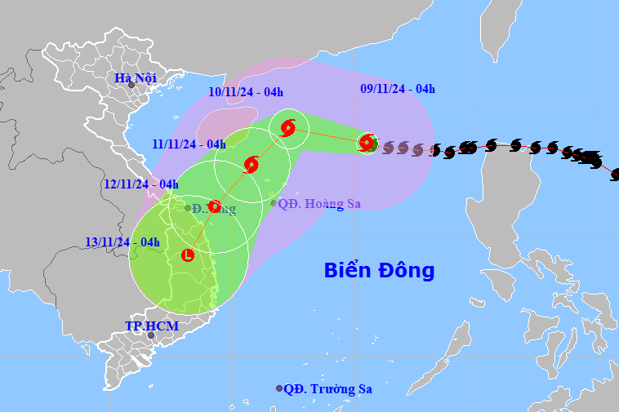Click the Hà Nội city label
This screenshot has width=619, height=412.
[135, 78]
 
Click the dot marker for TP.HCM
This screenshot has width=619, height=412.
[151, 334]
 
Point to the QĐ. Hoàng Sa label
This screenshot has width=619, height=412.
[319, 203]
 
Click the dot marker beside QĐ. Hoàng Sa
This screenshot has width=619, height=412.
[274, 203]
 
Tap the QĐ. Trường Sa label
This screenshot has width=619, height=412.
[327, 388]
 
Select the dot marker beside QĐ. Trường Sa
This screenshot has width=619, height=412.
[279, 388]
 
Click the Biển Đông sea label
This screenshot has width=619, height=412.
[379, 270]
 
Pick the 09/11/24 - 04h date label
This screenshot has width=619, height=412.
[398, 89]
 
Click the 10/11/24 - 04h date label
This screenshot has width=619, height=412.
[245, 92]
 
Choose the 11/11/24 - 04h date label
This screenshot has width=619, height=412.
[189, 144]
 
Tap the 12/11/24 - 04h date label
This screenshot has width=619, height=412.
[141, 184]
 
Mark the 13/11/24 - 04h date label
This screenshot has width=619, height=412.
[122, 241]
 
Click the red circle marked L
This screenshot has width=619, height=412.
[189, 255]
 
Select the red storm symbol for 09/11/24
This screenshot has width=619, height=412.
[367, 142]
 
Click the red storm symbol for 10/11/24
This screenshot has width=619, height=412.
[287, 128]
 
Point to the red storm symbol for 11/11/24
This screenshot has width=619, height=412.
[252, 164]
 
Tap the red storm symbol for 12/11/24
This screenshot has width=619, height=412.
[215, 206]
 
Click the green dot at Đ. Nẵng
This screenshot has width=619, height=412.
[188, 208]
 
